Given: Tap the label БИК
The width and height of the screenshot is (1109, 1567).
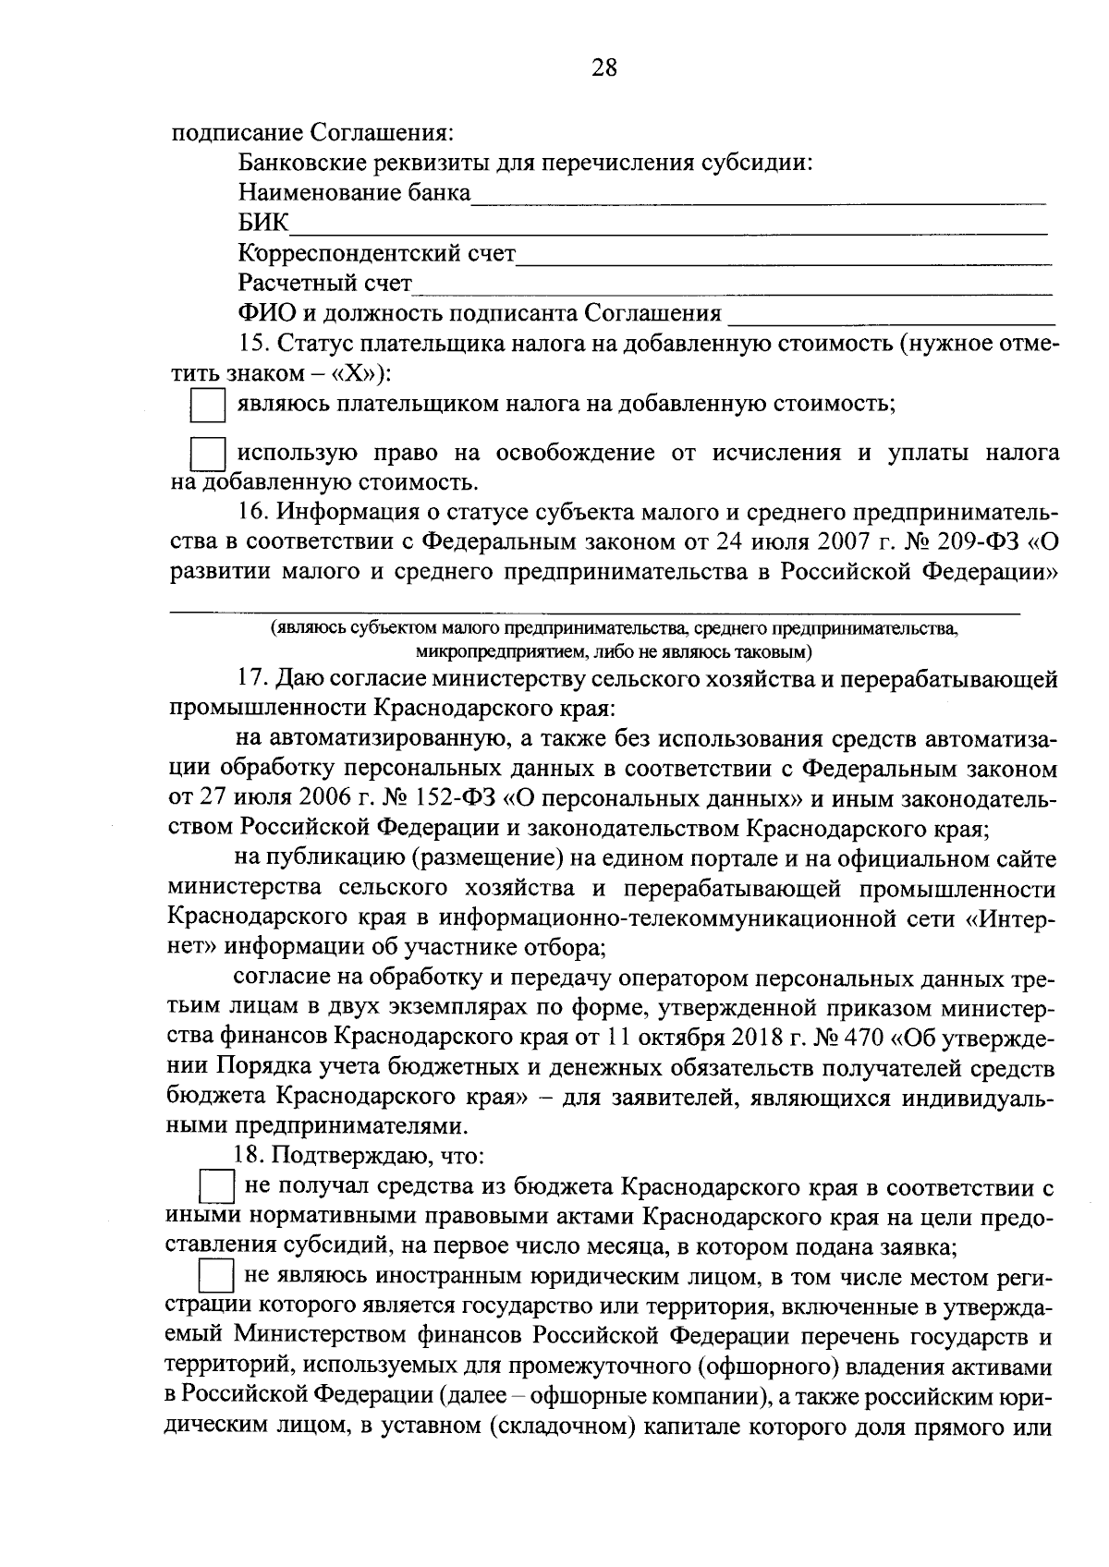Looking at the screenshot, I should point(263,223).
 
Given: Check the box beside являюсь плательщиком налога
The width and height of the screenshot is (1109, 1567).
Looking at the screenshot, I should point(207,406).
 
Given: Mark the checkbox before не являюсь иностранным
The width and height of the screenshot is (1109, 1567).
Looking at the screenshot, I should point(217,1278).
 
